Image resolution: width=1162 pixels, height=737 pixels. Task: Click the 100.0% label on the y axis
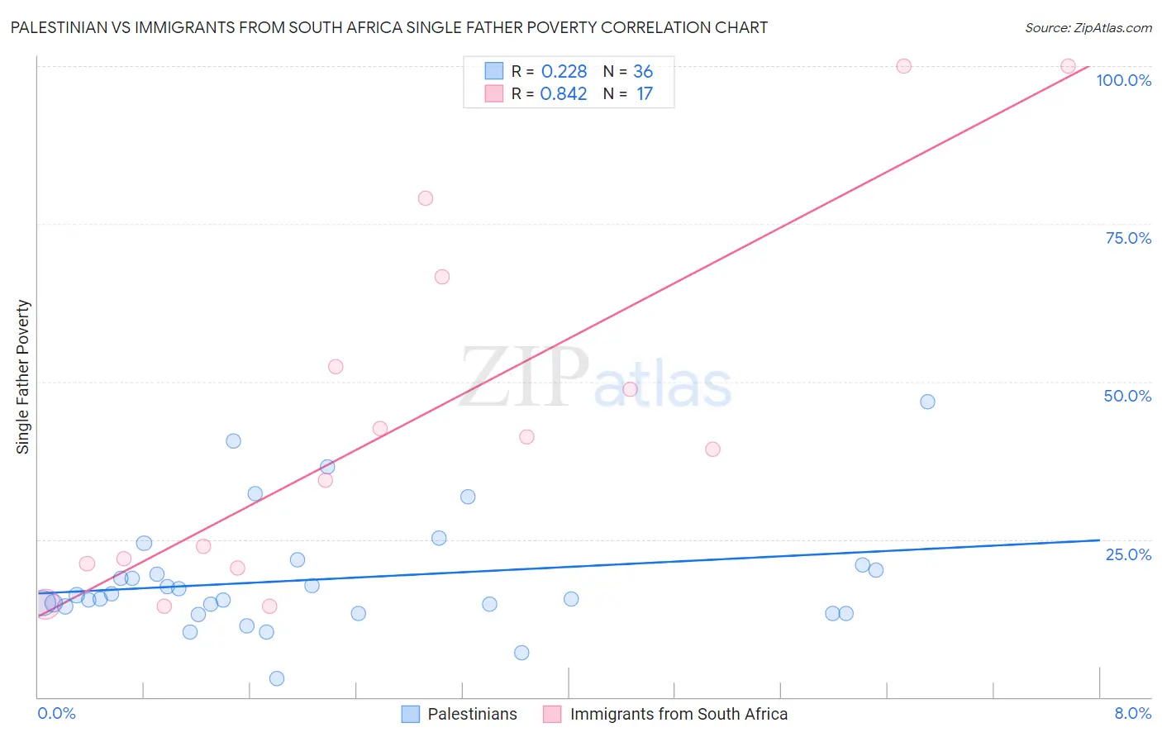pyautogui.click(x=1123, y=80)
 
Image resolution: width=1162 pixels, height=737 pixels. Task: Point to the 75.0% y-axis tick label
pyautogui.click(x=1128, y=238)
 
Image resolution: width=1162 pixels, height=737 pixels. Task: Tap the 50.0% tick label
pyautogui.click(x=1127, y=396)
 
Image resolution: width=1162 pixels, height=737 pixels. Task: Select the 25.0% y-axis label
pyautogui.click(x=1128, y=554)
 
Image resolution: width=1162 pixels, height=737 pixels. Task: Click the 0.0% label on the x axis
pyautogui.click(x=56, y=713)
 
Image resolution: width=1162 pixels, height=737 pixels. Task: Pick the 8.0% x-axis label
pyautogui.click(x=1132, y=713)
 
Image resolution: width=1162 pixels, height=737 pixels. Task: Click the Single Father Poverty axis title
pyautogui.click(x=22, y=377)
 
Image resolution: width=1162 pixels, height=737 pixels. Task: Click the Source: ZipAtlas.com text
pyautogui.click(x=1088, y=27)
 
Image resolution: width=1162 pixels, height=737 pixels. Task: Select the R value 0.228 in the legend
pyautogui.click(x=564, y=72)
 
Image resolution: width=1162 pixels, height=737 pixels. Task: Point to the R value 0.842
pyautogui.click(x=564, y=94)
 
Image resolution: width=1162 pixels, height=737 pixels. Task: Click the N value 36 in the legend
pyautogui.click(x=643, y=72)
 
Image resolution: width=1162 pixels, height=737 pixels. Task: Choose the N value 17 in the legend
pyautogui.click(x=645, y=94)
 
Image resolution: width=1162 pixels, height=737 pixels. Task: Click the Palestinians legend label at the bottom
pyautogui.click(x=472, y=714)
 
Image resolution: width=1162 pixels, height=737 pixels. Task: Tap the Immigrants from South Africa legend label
pyautogui.click(x=679, y=714)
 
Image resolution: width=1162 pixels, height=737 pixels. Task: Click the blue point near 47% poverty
pyautogui.click(x=927, y=402)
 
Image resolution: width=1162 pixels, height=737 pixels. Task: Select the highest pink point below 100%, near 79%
pyautogui.click(x=426, y=198)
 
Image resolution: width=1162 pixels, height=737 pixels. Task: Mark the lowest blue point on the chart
pyautogui.click(x=277, y=678)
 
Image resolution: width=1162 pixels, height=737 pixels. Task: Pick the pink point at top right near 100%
pyautogui.click(x=1068, y=66)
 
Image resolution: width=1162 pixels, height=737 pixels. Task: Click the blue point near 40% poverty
pyautogui.click(x=233, y=441)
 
